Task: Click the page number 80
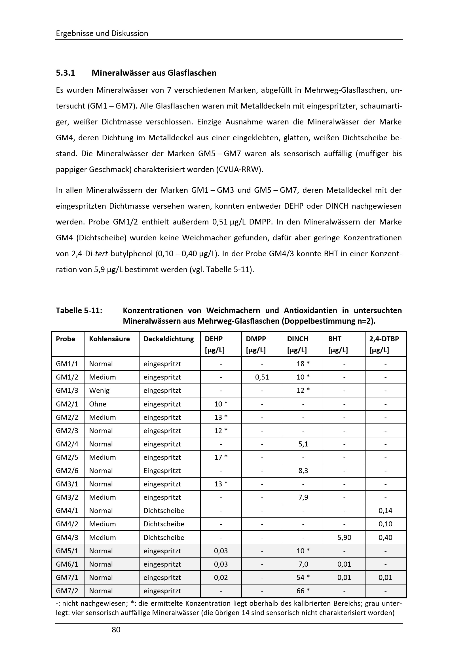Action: (116, 630)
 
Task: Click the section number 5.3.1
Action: (66, 73)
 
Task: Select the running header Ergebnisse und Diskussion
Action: (102, 33)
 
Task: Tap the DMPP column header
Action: (256, 339)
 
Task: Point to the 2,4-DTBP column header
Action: (384, 339)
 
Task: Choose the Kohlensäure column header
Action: (109, 339)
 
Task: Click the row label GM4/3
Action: (67, 537)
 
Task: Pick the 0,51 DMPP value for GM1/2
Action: (262, 377)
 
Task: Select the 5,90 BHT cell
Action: (344, 537)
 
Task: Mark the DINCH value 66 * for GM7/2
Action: (303, 591)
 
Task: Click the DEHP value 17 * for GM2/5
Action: (221, 457)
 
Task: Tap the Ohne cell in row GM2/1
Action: (98, 404)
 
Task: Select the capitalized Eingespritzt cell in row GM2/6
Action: (162, 471)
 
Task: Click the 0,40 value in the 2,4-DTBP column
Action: (385, 537)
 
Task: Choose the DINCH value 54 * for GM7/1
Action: (303, 577)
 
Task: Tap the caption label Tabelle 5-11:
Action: (79, 311)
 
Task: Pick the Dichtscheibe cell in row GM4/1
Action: (164, 511)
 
